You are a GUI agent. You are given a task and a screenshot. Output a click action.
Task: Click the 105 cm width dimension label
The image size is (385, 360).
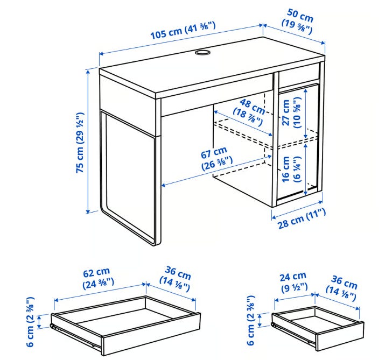(x=183, y=31)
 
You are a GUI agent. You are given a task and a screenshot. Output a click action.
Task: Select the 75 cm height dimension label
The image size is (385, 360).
(x=80, y=143)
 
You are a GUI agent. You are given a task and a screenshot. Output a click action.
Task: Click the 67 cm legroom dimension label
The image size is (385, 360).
(x=216, y=158)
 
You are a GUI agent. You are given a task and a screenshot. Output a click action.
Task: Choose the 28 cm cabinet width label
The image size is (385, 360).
(x=302, y=218)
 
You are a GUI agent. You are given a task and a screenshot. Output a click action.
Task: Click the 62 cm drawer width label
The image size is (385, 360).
(x=97, y=278)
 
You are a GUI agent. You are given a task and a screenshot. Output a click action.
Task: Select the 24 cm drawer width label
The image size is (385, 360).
(x=293, y=282)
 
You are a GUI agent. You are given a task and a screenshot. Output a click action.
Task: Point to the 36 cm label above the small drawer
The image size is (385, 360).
(x=342, y=288)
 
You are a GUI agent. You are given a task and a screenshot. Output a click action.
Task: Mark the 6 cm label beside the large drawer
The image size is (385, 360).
(x=30, y=322)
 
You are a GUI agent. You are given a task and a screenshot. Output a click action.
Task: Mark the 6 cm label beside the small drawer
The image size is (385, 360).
(x=251, y=320)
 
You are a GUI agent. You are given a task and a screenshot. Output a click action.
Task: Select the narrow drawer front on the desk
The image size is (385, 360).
(x=299, y=79)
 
